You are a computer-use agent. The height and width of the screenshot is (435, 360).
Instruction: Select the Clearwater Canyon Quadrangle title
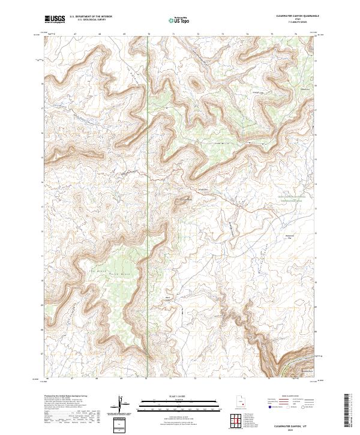298,16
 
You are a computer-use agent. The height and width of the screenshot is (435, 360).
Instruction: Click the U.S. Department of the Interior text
91,17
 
